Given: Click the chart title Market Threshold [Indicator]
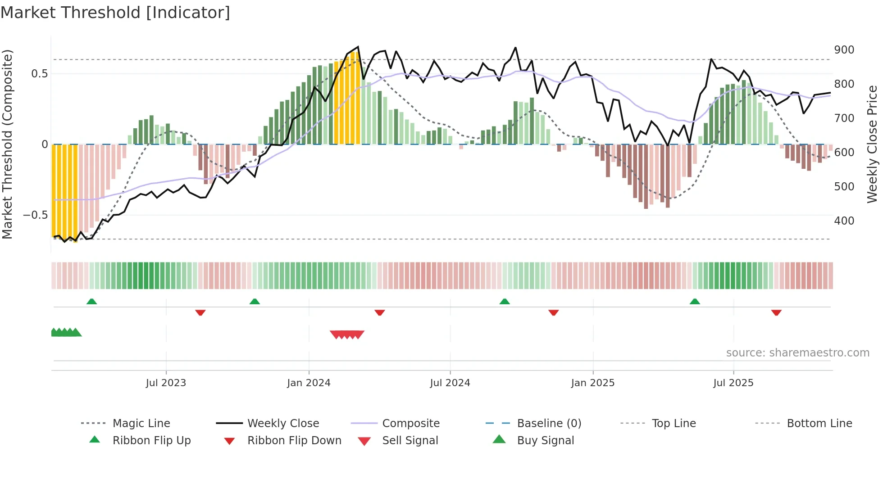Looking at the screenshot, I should click(115, 13).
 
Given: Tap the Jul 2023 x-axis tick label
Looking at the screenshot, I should click(166, 383).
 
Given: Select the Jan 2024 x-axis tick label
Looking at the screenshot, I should click(309, 383).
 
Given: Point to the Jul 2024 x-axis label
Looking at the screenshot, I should click(450, 383).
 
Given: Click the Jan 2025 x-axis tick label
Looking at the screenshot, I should click(592, 383).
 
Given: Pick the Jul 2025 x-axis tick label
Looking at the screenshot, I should click(733, 383).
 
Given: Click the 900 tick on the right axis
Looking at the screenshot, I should click(844, 50).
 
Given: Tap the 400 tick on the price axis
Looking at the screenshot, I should click(844, 221).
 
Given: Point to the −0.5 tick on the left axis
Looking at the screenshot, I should click(35, 215).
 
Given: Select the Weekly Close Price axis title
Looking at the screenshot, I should click(873, 144).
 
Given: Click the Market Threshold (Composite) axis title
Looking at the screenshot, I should click(7, 144).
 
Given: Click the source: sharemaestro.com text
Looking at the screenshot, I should click(797, 353).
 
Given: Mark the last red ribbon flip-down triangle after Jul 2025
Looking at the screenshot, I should click(776, 312).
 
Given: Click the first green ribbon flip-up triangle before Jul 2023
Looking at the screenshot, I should click(91, 302).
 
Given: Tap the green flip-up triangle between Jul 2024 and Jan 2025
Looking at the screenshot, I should click(505, 302).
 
